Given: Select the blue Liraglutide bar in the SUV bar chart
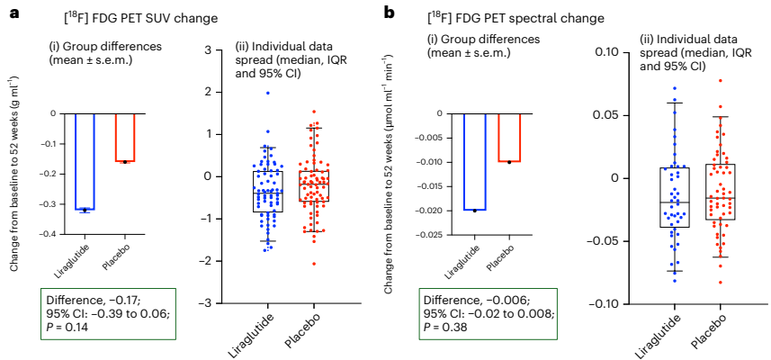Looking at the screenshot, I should [x=85, y=161].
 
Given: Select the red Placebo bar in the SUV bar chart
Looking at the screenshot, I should [x=125, y=137].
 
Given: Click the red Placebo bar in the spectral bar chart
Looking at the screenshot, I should [x=508, y=137].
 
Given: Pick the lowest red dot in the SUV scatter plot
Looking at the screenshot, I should [x=315, y=263].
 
